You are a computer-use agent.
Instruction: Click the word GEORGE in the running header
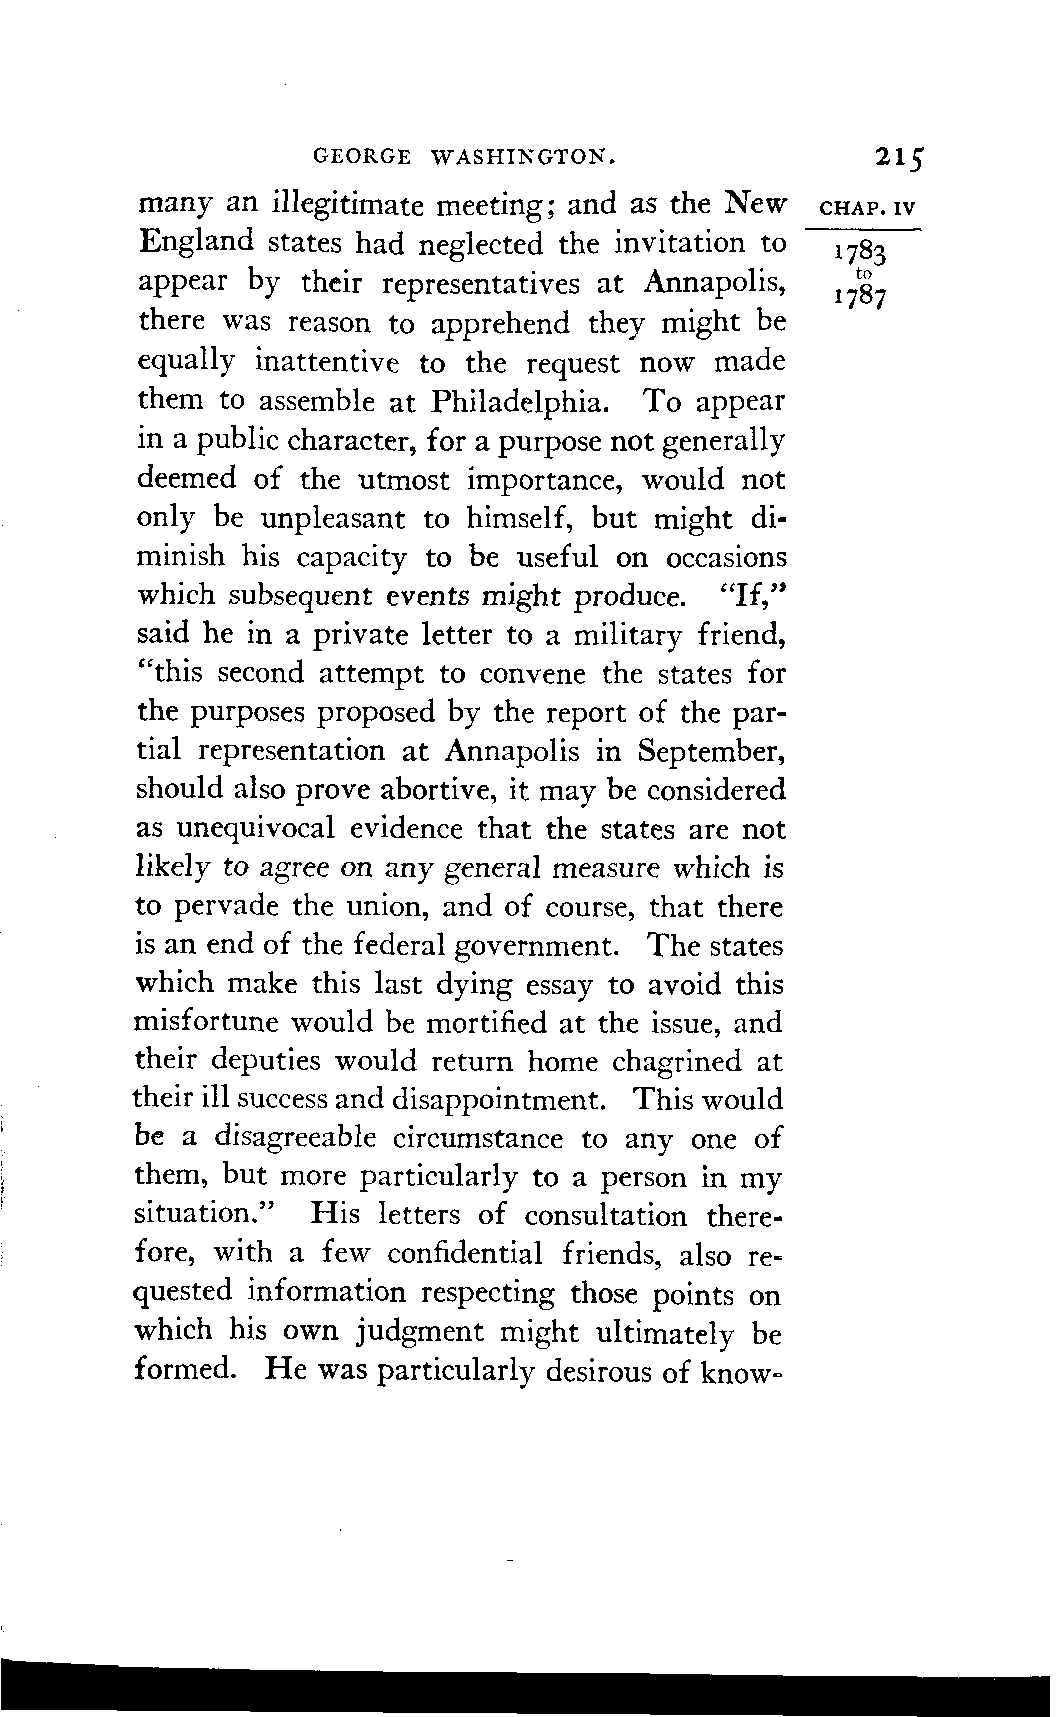point(362,156)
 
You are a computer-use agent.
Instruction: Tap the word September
point(712,751)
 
